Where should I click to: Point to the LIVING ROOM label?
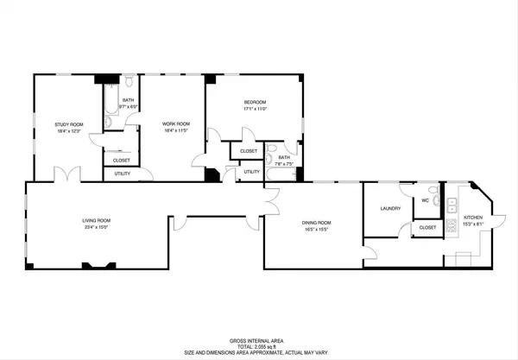click(x=96, y=220)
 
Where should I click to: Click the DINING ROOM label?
click(x=317, y=223)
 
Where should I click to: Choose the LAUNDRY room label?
click(x=390, y=209)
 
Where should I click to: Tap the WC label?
click(x=425, y=200)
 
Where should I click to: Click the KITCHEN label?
click(x=473, y=218)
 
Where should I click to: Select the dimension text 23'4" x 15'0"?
click(x=96, y=227)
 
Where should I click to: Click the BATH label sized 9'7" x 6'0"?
click(x=128, y=100)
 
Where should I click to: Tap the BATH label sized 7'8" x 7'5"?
click(x=284, y=157)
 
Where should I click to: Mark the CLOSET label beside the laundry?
click(x=427, y=227)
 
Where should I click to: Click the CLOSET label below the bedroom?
click(x=249, y=151)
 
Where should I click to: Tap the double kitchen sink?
click(x=450, y=204)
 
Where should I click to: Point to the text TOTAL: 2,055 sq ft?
click(x=258, y=346)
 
